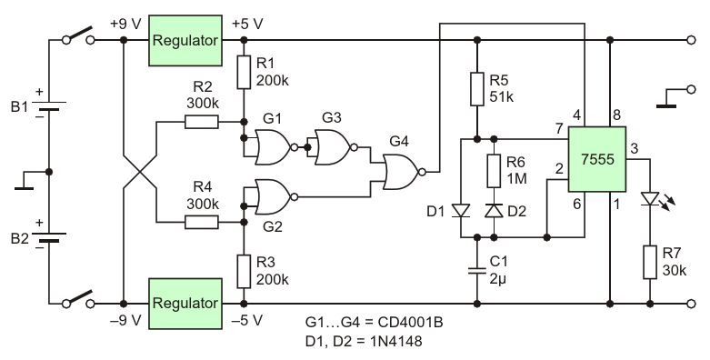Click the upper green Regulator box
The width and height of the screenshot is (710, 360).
click(185, 40)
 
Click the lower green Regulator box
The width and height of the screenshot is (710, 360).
click(185, 304)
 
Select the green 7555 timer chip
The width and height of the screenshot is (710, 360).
click(597, 159)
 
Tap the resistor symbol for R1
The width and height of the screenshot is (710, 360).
click(244, 72)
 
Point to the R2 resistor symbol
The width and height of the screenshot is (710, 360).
click(202, 122)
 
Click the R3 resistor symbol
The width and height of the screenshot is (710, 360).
click(244, 271)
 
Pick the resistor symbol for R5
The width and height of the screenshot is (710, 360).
click(476, 89)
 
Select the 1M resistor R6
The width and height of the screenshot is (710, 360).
click(494, 171)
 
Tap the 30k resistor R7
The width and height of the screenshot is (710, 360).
click(650, 262)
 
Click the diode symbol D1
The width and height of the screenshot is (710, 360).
click(461, 211)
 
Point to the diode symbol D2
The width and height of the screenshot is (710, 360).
click(494, 211)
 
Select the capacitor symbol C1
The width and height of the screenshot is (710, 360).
click(476, 271)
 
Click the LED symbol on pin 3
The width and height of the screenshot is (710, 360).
click(654, 200)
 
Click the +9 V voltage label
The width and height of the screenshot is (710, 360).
click(125, 24)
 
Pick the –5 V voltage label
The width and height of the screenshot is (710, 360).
click(246, 320)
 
